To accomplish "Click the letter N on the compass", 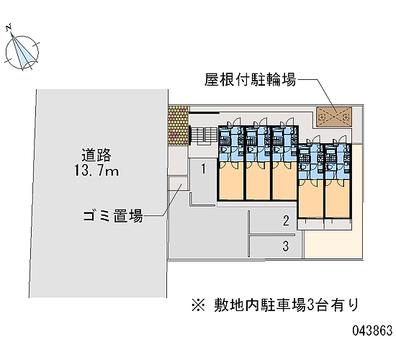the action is pyautogui.click(x=9, y=27).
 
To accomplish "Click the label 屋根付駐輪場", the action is pyautogui.click(x=250, y=80).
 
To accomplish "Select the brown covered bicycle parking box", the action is pyautogui.click(x=334, y=117).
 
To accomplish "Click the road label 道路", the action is pyautogui.click(x=96, y=155).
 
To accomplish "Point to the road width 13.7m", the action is pyautogui.click(x=96, y=170).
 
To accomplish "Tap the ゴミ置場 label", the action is pyautogui.click(x=113, y=216).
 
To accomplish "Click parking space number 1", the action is pyautogui.click(x=204, y=168).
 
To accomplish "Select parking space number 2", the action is pyautogui.click(x=286, y=220).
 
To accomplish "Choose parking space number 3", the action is pyautogui.click(x=286, y=246).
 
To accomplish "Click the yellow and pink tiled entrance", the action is pyautogui.click(x=179, y=125).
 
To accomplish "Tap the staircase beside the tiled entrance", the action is pyautogui.click(x=204, y=135).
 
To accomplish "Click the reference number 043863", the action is pyautogui.click(x=372, y=330).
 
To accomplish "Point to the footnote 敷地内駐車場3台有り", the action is pyautogui.click(x=287, y=305).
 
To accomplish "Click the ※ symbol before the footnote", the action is pyautogui.click(x=198, y=305).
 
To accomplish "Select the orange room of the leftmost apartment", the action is pyautogui.click(x=231, y=181).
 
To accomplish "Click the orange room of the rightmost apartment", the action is pyautogui.click(x=338, y=198).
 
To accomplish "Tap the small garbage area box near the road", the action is pyautogui.click(x=178, y=184).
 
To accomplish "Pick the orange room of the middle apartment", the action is pyautogui.click(x=284, y=181).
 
